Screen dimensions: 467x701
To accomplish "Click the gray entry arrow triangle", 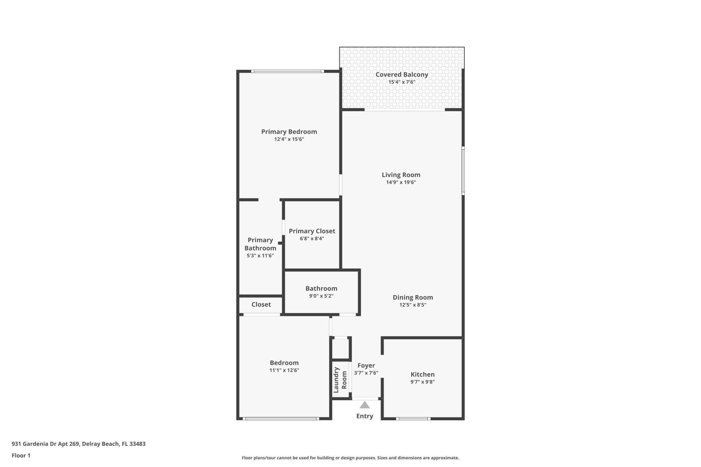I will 364,405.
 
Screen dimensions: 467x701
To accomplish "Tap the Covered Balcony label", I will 402,74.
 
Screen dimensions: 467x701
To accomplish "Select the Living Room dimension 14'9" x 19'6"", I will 401,182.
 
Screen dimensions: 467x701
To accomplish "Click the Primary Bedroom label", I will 289,132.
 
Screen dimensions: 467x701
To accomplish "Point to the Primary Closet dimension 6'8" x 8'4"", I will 312,239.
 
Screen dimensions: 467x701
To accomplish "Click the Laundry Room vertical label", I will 340,380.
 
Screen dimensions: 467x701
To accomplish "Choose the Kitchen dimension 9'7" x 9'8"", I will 422,382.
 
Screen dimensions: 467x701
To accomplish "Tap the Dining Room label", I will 413,297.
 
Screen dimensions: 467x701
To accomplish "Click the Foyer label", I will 366,365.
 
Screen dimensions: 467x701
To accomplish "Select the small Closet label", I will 261,304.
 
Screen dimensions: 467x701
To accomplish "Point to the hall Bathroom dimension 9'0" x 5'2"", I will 321,296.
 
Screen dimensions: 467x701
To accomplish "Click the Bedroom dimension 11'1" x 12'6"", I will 284,370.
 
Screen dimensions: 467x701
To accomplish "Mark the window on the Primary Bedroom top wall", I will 287,71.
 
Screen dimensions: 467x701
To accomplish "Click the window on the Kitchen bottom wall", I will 413,418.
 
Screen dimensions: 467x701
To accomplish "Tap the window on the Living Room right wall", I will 463,170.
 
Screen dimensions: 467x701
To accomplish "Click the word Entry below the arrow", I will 364,416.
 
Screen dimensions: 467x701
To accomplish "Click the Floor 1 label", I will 21,455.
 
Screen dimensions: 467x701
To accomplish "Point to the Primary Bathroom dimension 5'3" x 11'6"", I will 260,256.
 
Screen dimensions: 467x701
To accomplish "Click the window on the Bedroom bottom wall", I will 281,418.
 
